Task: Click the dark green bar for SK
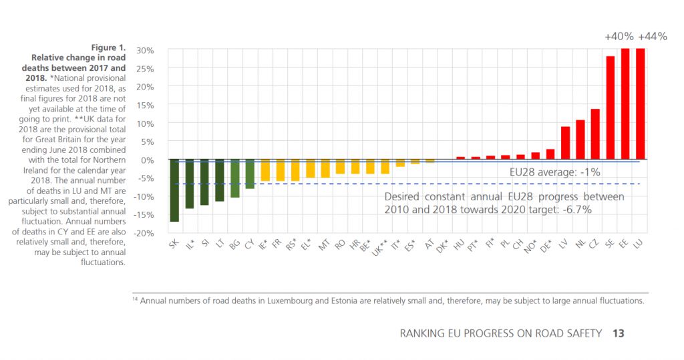174,191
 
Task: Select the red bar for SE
611,108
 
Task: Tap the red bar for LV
565,143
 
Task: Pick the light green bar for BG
234,178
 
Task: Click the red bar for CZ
595,134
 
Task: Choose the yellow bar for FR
280,170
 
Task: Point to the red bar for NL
580,140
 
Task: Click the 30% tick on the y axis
145,51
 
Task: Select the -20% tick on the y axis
144,233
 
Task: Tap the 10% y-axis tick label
145,124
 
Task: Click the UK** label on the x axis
379,247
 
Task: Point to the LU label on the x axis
638,244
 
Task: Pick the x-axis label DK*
442,246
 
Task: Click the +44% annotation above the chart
653,37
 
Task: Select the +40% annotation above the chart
619,37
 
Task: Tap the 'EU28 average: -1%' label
555,172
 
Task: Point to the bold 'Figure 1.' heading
108,47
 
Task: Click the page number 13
618,333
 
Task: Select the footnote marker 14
135,299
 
